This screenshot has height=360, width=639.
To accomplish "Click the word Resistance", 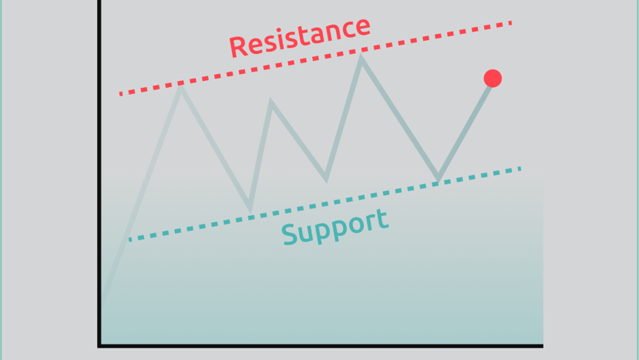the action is click(300, 36).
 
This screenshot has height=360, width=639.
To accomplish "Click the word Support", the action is click(335, 226).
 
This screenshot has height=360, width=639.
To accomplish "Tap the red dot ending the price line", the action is click(493, 78).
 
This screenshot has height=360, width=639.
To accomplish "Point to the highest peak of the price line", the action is click(361, 59).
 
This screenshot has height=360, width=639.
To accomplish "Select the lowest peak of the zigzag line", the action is click(271, 101).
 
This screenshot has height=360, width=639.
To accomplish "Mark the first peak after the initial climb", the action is click(180, 87).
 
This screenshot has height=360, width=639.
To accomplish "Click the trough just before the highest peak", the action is click(327, 180).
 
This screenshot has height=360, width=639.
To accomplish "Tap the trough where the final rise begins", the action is click(438, 180).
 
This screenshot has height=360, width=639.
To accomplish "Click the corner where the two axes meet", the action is click(100, 345).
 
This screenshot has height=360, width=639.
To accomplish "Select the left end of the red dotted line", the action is click(122, 93).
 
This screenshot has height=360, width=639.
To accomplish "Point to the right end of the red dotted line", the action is click(510, 23).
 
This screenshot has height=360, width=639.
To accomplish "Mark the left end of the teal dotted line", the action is click(130, 239).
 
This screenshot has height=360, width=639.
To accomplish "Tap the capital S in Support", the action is click(290, 234).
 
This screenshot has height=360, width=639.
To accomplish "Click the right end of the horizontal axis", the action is click(542, 345).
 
